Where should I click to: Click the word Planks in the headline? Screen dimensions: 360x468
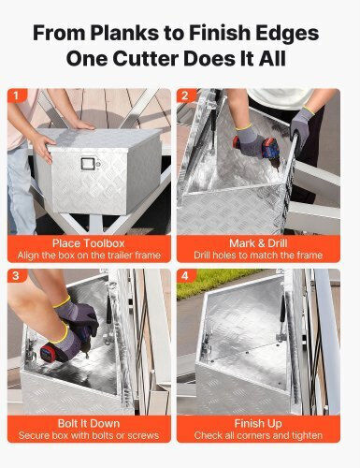(x=124, y=34)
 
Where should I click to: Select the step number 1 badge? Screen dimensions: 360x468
(x=16, y=95)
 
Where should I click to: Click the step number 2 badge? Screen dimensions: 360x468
(x=185, y=95)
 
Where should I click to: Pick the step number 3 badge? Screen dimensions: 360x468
(x=16, y=275)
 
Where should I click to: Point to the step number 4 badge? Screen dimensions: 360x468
(x=185, y=275)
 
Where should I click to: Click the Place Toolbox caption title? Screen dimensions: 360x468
(x=89, y=243)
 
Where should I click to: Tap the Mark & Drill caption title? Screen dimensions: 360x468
(x=258, y=243)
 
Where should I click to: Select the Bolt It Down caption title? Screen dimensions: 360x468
(x=89, y=423)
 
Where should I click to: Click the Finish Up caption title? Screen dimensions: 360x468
(x=258, y=423)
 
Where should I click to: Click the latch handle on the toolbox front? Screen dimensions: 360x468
(x=87, y=164)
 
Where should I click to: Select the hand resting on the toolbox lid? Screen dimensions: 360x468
(x=81, y=124)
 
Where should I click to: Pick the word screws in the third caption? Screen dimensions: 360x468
(x=144, y=435)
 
